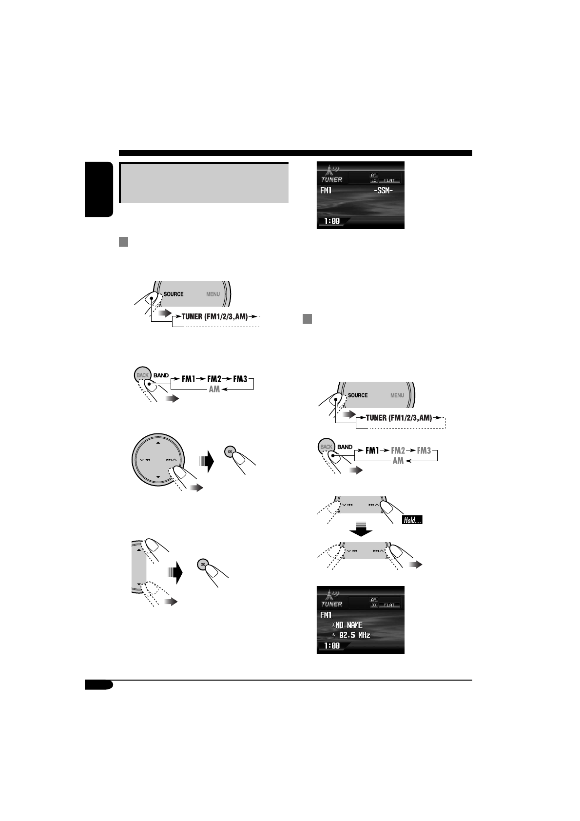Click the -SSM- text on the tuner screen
click(383, 190)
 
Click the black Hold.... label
click(412, 520)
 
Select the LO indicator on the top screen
click(374, 180)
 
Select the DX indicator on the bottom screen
click(374, 605)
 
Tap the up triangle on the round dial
click(158, 443)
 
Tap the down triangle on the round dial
click(158, 477)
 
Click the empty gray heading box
click(204, 182)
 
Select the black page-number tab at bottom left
click(98, 685)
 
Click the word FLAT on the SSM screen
click(389, 180)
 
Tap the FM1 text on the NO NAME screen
click(326, 615)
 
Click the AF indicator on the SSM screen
click(374, 175)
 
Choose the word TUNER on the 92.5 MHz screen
click(331, 604)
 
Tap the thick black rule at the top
click(295, 153)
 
